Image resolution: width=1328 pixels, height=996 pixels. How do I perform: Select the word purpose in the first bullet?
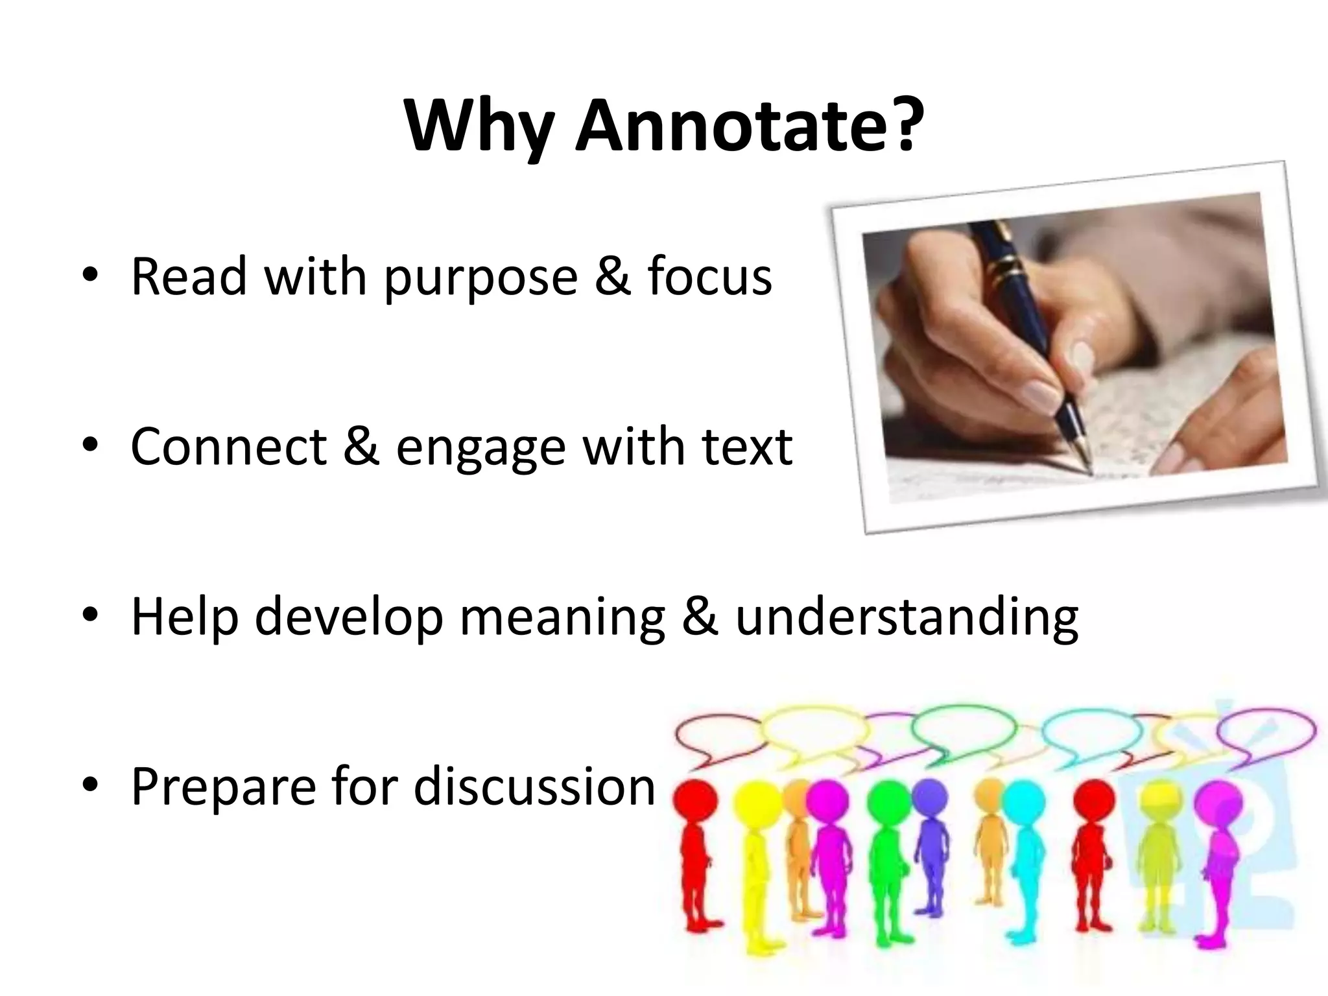480,278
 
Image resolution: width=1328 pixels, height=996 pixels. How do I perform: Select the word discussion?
535,786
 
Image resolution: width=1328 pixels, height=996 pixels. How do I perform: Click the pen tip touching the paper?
1090,469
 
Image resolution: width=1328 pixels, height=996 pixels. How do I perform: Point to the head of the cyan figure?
1026,801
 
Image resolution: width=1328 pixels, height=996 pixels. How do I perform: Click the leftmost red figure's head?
694,801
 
